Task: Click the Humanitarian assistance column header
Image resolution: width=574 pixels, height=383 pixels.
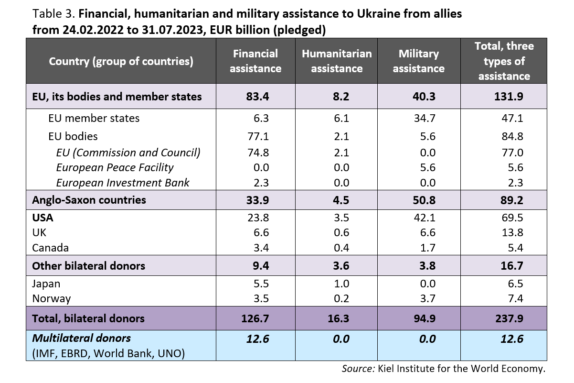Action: (337, 61)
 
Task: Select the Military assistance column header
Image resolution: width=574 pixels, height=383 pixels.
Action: (418, 61)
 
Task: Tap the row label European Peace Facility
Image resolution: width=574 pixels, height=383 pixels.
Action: (115, 167)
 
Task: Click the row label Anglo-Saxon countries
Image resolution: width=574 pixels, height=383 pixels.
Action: (89, 199)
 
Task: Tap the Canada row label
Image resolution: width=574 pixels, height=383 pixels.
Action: (51, 248)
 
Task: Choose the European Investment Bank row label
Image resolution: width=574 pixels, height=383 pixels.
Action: (123, 183)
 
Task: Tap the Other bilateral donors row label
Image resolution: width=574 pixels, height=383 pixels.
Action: (88, 265)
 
